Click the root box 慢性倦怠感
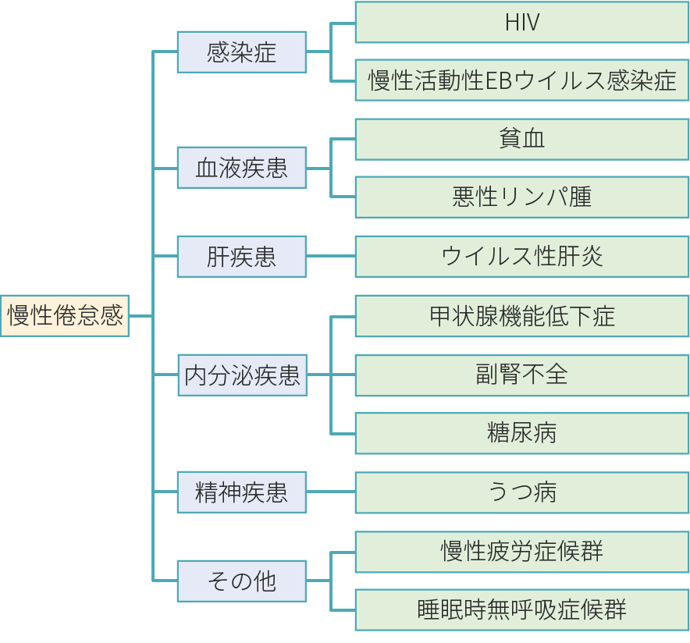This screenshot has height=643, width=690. (65, 315)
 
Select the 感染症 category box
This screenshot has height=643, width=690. (241, 52)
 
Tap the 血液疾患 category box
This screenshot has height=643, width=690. (241, 168)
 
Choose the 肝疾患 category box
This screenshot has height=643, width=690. (241, 256)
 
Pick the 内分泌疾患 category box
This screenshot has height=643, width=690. (241, 375)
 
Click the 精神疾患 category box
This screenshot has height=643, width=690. (241, 492)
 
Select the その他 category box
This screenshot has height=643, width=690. (241, 581)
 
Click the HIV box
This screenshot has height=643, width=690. (521, 22)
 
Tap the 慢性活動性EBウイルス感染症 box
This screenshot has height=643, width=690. (521, 80)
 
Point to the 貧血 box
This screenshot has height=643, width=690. (521, 139)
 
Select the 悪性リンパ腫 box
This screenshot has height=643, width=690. (521, 197)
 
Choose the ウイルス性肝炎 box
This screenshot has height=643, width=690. (521, 256)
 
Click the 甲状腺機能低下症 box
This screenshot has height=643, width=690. (521, 315)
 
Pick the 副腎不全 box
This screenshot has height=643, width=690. (521, 375)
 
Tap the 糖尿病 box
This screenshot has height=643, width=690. (521, 433)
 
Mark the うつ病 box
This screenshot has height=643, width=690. (521, 492)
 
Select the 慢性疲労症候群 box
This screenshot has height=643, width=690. (521, 552)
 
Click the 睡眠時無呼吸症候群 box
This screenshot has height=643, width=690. (521, 609)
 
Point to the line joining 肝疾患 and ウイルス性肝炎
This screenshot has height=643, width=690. (330, 256)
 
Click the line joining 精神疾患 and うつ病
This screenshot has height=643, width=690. (330, 492)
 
